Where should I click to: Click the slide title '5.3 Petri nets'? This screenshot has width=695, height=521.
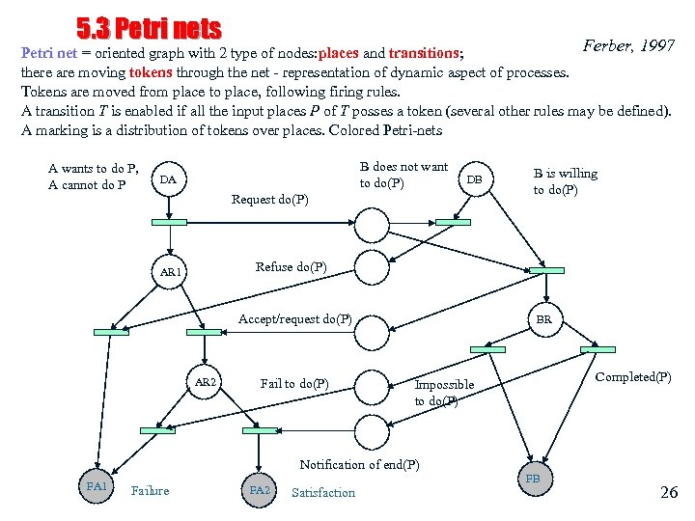[149, 30]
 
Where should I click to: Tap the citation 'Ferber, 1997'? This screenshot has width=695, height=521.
[628, 45]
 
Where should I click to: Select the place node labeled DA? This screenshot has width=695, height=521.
[168, 180]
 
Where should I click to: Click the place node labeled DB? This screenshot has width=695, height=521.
[474, 180]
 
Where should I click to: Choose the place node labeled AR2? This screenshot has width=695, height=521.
[206, 383]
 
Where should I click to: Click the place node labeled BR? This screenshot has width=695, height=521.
[544, 319]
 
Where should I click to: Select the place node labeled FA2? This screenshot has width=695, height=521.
[260, 490]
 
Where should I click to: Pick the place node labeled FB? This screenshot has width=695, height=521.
[533, 479]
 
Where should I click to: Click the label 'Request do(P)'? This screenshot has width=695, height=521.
[270, 200]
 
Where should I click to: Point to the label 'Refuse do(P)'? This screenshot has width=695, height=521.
[291, 266]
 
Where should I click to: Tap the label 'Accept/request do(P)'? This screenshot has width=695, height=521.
[294, 318]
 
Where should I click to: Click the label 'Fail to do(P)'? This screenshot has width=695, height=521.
[294, 383]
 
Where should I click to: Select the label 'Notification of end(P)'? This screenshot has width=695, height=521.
[359, 464]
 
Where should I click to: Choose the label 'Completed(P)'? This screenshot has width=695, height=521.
[633, 376]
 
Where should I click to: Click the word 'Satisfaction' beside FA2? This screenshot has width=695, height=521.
[322, 492]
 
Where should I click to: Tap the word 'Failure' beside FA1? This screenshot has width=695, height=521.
[150, 490]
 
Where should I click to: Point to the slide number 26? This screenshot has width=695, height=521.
[669, 492]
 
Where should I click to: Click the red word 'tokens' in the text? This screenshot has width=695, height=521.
[154, 72]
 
